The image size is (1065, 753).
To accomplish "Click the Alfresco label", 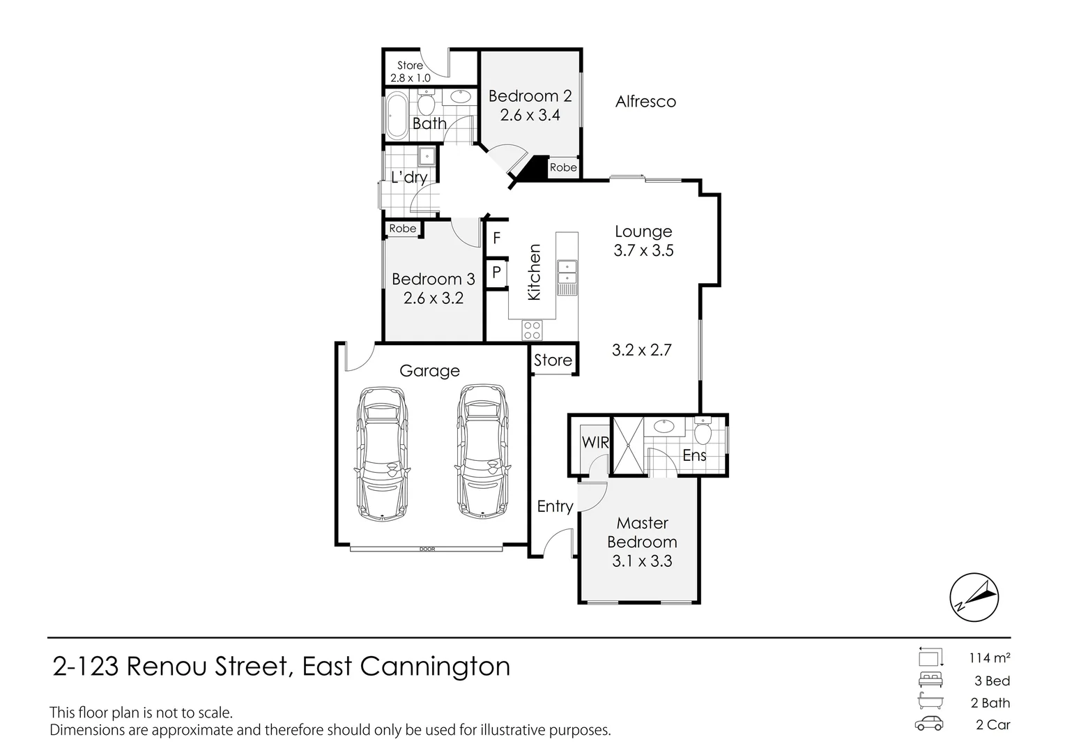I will coord(645,102).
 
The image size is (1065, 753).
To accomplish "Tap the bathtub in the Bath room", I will coord(399,115).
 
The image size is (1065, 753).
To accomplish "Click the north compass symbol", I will coord(974,598).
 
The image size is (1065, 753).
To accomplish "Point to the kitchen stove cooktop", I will coord(532,329).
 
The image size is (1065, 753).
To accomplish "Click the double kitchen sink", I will coord(567,273).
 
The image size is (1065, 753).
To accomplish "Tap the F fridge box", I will coord(497,238).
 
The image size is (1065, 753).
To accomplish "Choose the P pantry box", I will coord(497,272).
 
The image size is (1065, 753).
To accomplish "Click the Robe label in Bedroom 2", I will coord(563,167).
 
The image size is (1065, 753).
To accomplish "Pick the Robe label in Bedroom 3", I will coord(402,229).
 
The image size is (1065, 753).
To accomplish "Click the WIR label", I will coord(595,443).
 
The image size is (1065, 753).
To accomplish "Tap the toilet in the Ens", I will coord(702,432).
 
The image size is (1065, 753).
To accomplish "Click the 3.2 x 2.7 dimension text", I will coord(641,350).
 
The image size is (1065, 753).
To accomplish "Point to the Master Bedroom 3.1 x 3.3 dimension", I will coord(642,561).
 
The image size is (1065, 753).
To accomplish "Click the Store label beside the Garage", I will coord(553,360).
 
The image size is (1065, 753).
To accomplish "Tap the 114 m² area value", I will coord(989,657).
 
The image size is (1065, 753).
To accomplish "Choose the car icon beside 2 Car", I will coord(929,724).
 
